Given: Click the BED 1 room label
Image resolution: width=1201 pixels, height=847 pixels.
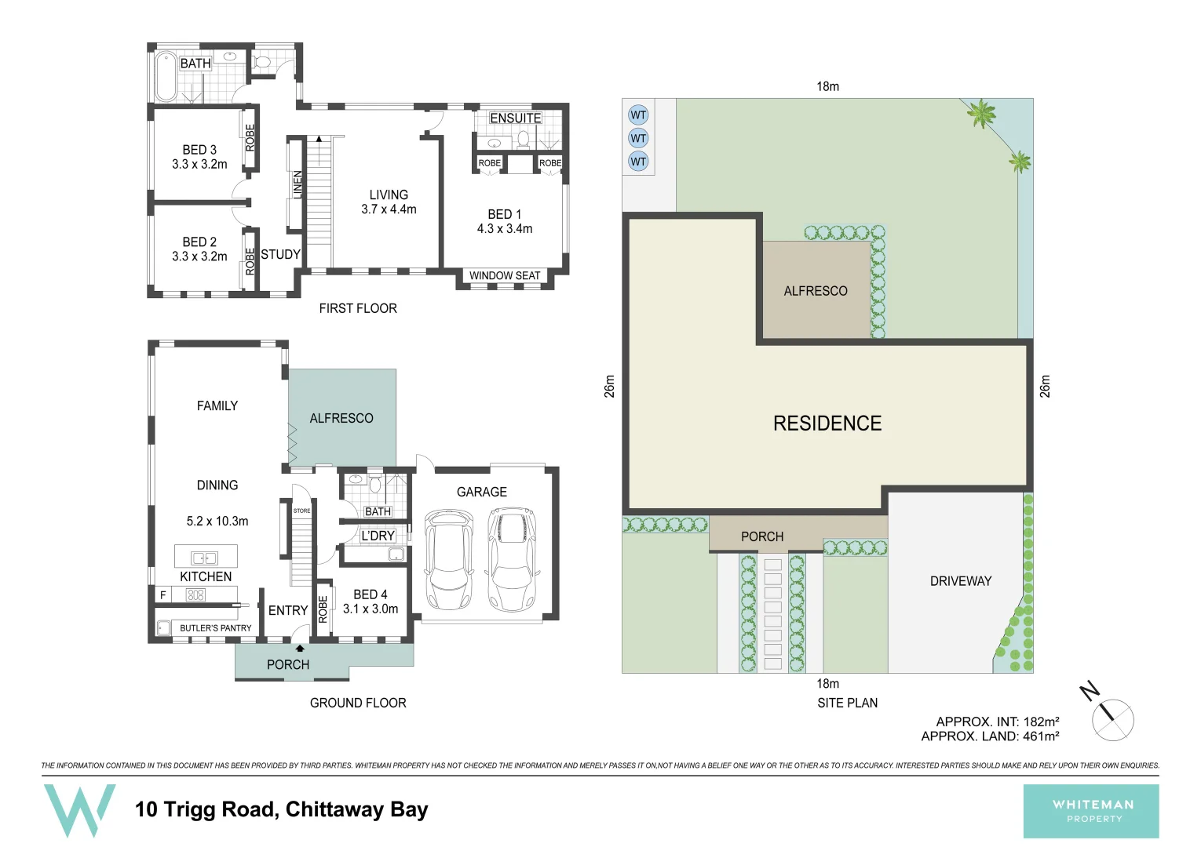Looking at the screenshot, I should click(x=504, y=214).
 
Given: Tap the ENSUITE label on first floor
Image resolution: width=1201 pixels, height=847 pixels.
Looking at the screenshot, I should click(x=515, y=118).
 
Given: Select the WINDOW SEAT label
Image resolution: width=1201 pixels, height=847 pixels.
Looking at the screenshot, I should click(x=504, y=275).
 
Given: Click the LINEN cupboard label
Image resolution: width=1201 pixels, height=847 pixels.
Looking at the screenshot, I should click(x=298, y=185).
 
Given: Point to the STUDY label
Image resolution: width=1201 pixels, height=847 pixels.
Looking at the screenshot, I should click(x=280, y=254).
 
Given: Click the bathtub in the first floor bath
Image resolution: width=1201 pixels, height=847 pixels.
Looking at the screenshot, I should click(x=166, y=76).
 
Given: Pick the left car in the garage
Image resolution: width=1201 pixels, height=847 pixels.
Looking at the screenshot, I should click(x=449, y=559).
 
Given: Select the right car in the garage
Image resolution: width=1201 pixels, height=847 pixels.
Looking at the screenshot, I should click(x=511, y=559).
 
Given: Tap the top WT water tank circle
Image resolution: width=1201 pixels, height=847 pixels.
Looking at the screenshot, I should click(x=638, y=115).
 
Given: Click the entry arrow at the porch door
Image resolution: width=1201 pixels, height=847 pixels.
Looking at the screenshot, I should click(x=299, y=648).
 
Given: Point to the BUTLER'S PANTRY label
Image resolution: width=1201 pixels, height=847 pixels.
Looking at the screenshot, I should click(x=215, y=628).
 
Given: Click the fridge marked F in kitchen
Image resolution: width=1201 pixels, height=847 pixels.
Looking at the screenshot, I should click(x=163, y=595).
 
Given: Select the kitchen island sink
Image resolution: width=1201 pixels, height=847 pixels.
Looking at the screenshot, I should click(x=205, y=558).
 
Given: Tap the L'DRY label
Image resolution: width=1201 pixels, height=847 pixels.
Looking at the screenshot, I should click(x=378, y=536).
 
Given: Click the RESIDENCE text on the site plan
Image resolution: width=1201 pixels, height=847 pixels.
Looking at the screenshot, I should click(x=827, y=423).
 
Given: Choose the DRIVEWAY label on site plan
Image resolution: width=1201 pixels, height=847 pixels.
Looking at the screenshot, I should click(x=960, y=581).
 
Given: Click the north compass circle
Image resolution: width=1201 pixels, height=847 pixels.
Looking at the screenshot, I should click(x=1113, y=719).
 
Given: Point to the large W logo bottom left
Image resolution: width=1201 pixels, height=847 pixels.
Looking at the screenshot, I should click(x=79, y=809).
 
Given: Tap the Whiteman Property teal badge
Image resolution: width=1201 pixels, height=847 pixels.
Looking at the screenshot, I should click(x=1090, y=811).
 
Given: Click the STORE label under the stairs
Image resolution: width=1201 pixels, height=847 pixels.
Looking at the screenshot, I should click(x=301, y=511).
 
